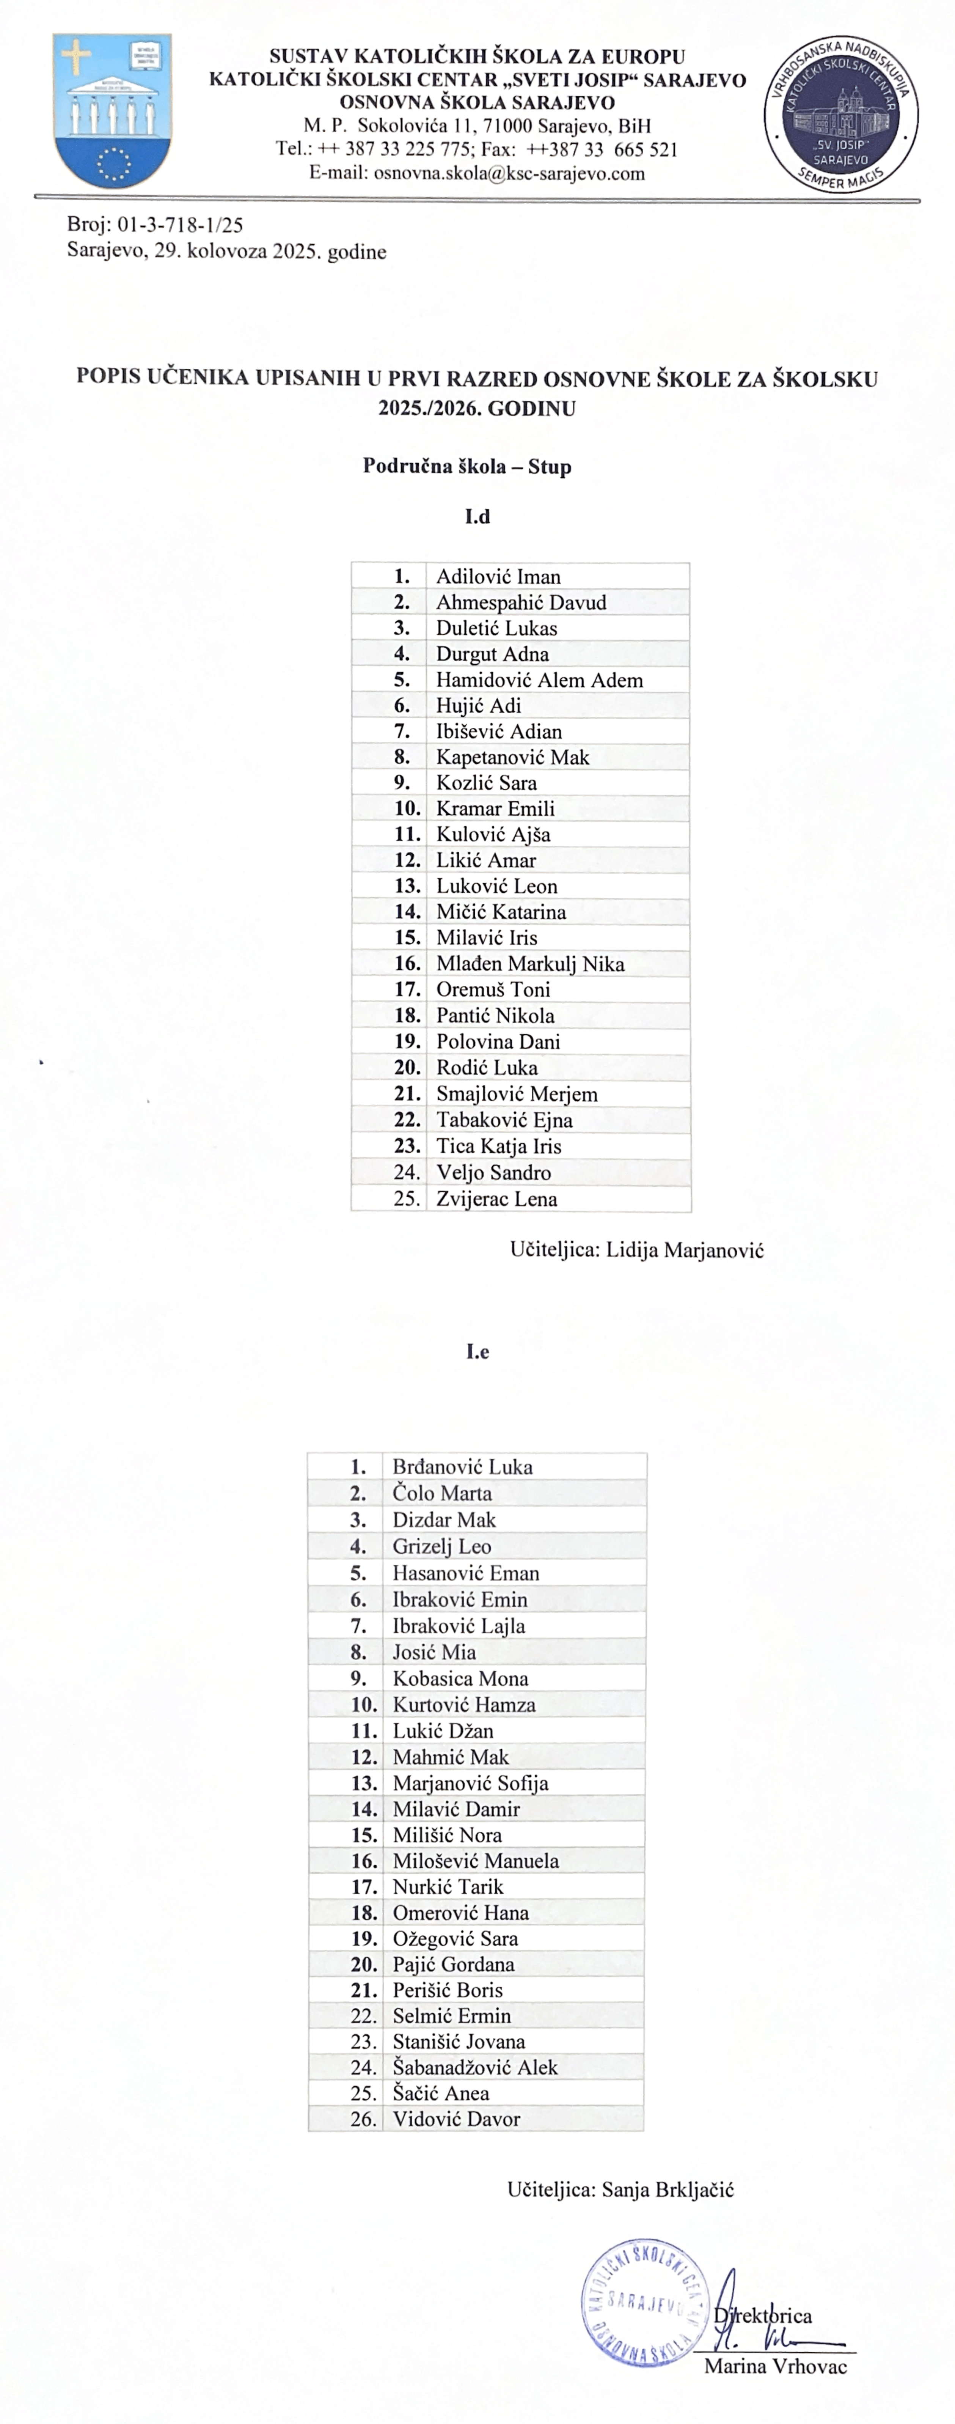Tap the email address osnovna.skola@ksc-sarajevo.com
[x=509, y=173]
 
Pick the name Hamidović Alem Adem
[x=539, y=680]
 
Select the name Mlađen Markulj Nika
[x=530, y=964]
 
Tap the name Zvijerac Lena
[x=496, y=1199]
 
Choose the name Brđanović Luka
[x=462, y=1466]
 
